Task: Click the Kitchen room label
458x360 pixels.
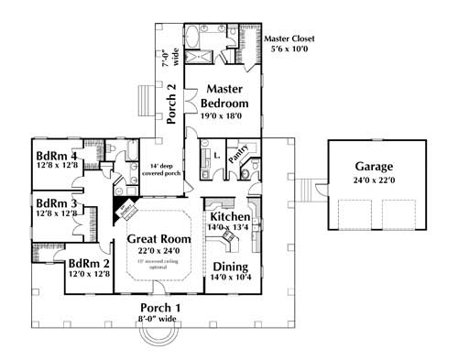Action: [x=230, y=216]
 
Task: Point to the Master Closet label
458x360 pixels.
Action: [x=292, y=39]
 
